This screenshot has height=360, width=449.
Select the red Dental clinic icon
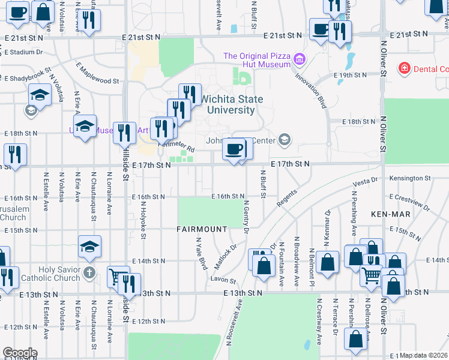click(405, 69)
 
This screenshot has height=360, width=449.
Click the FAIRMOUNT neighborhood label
click(202, 229)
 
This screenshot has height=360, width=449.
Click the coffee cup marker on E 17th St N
click(234, 149)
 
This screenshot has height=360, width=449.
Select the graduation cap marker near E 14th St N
click(89, 247)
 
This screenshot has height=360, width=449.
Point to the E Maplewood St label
click(97, 72)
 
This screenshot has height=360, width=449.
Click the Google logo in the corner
click(19, 352)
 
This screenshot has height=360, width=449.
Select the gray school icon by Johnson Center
click(285, 140)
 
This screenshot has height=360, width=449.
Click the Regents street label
click(287, 199)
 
